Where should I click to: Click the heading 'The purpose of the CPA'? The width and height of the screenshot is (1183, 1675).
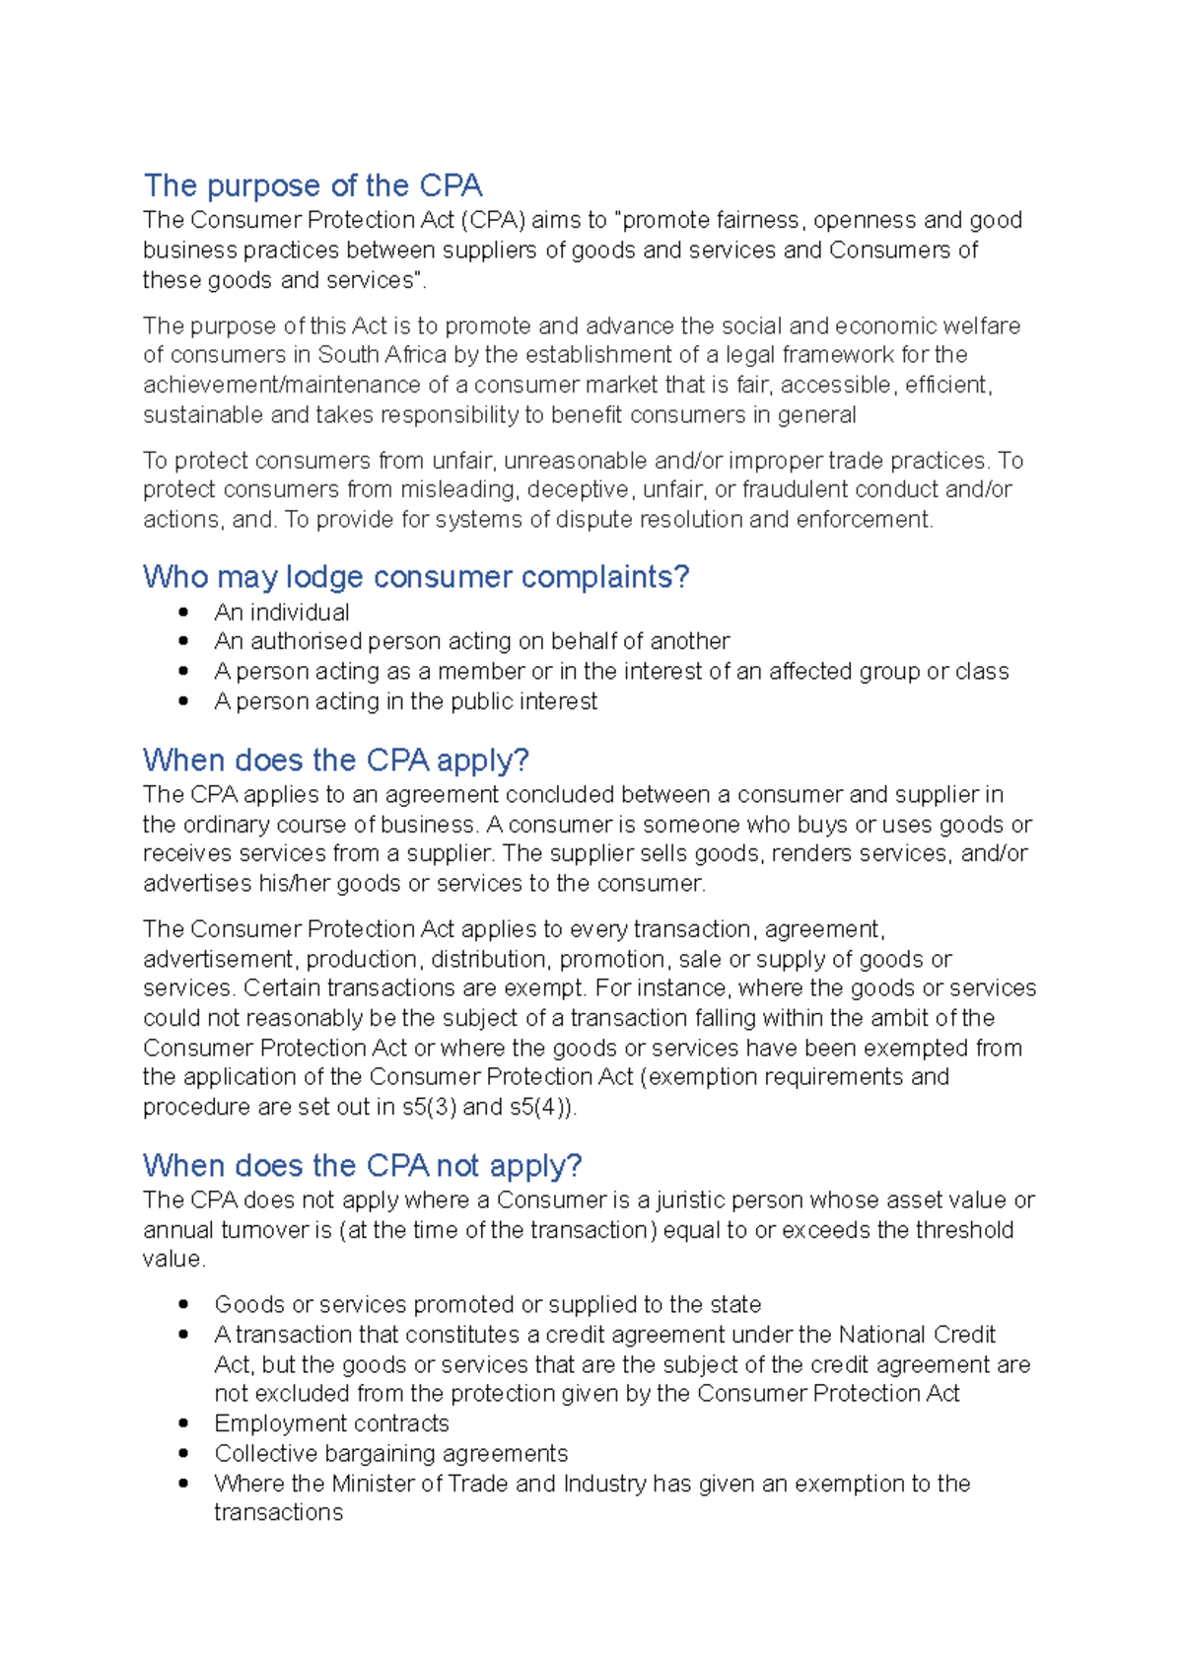coord(313,185)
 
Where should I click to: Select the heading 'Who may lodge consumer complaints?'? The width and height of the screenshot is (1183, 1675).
coord(415,577)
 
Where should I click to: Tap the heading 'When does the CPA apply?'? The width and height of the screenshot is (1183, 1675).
coord(335,761)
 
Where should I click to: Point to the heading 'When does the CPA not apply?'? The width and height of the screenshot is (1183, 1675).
coord(362,1166)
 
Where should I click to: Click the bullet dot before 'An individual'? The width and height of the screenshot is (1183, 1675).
coord(183,613)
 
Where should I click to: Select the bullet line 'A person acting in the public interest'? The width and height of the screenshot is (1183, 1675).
coord(405,701)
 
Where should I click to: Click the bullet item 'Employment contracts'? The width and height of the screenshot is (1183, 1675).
coord(331,1423)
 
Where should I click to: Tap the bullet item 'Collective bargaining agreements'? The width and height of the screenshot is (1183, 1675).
coord(390,1454)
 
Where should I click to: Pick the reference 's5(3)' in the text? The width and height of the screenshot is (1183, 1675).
coord(429,1107)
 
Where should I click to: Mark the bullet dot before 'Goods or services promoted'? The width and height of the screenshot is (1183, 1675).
coord(183,1304)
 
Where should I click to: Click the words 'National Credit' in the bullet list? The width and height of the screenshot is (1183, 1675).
coord(917,1335)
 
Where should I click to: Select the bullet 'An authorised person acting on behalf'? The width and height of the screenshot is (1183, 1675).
coord(471,641)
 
